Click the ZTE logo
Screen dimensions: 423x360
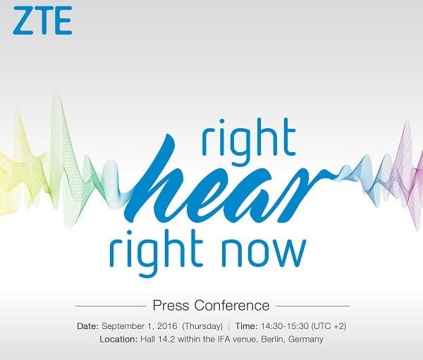(x=42, y=20)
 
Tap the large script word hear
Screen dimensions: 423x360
(x=226, y=180)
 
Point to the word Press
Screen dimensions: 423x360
(x=171, y=306)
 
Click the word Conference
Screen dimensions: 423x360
(x=232, y=306)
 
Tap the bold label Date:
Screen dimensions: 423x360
(x=87, y=326)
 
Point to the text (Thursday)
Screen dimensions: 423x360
(x=202, y=326)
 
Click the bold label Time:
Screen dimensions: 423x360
(x=246, y=326)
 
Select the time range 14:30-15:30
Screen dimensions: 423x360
(x=284, y=326)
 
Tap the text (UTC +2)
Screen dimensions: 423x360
(x=329, y=326)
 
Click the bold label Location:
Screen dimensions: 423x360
(x=118, y=339)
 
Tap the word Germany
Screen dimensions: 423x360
(x=306, y=340)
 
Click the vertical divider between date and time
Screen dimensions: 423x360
(x=229, y=326)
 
